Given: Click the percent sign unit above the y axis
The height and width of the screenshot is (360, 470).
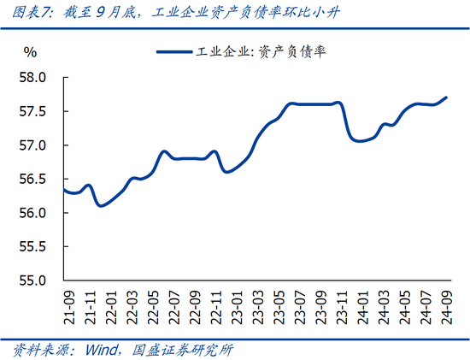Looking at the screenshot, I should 30,53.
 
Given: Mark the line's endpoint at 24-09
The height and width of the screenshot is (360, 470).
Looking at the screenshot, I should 444,97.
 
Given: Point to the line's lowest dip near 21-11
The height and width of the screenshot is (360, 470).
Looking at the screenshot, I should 100,205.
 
